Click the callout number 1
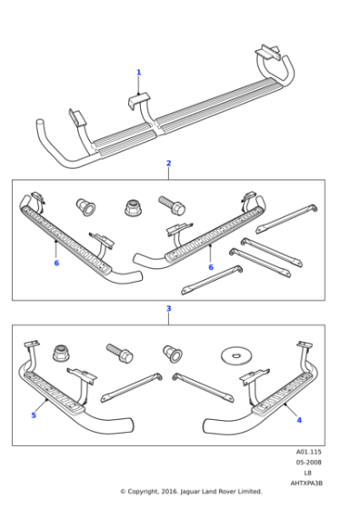pyautogui.click(x=139, y=72)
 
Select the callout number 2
pyautogui.click(x=168, y=164)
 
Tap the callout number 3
pyautogui.click(x=168, y=309)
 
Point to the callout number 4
pyautogui.click(x=298, y=419)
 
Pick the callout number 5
pyautogui.click(x=34, y=415)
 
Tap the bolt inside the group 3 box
pyautogui.click(x=119, y=350)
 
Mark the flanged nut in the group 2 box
pyautogui.click(x=133, y=206)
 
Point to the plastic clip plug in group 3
pyautogui.click(x=170, y=351)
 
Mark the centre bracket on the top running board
pyautogui.click(x=137, y=101)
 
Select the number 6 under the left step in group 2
pyautogui.click(x=56, y=264)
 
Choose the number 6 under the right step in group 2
pyautogui.click(x=212, y=267)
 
